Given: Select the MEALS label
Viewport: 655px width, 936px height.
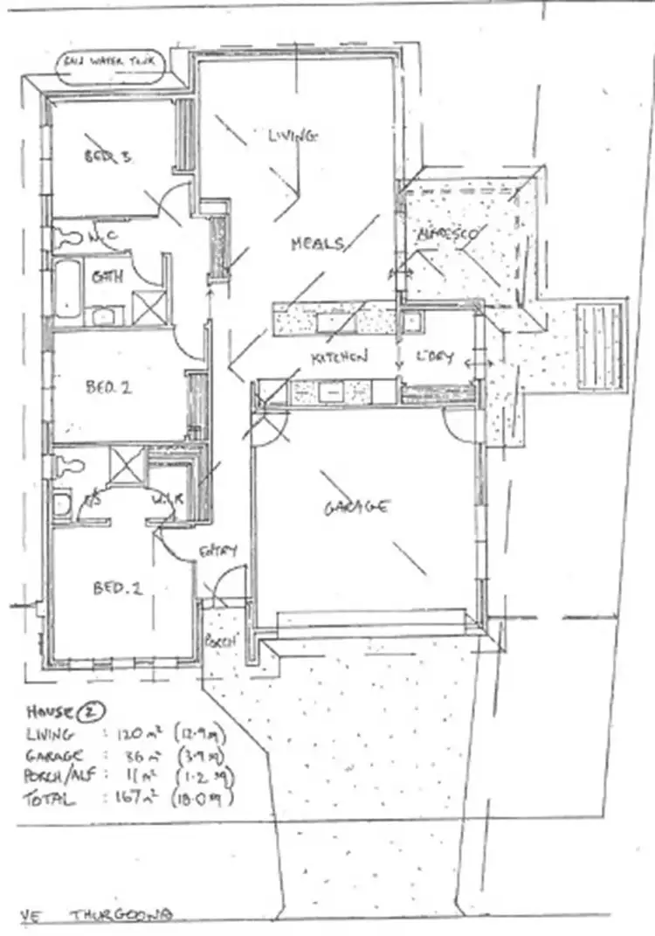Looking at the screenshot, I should (x=316, y=244).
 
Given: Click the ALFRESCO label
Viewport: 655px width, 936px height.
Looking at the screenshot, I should (x=446, y=234).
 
